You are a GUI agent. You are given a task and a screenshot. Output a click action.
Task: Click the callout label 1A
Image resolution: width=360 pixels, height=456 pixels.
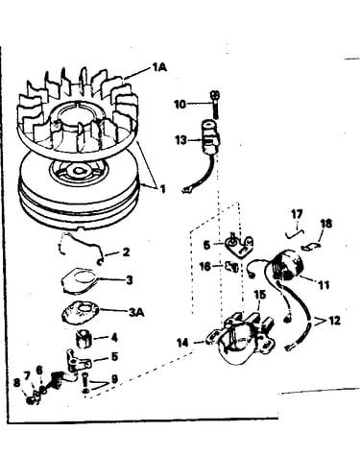(x=159, y=67)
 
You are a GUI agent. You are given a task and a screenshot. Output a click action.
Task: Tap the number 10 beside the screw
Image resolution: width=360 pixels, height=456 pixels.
(x=180, y=104)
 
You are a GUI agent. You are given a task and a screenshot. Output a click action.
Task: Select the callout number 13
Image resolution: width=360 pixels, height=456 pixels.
(x=181, y=140)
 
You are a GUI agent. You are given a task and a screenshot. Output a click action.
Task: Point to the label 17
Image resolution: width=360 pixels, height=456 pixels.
(x=298, y=213)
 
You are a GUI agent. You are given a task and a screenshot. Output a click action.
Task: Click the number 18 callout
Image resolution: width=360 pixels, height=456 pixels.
(x=326, y=224)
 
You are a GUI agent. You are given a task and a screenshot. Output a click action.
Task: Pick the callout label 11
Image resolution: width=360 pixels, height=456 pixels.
(x=324, y=284)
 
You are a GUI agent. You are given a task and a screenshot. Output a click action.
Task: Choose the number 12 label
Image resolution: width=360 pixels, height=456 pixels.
(x=334, y=321)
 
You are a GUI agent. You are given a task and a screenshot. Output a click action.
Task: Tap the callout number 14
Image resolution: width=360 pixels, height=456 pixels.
(x=183, y=343)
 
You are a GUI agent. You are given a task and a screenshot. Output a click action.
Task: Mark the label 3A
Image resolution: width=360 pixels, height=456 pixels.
(x=136, y=312)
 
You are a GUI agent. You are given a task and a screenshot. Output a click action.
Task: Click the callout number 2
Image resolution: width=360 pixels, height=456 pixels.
(x=126, y=252)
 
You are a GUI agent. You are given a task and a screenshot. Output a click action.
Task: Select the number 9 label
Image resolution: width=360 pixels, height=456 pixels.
(x=114, y=379)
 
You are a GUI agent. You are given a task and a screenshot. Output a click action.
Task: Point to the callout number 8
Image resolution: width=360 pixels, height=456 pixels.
(x=16, y=382)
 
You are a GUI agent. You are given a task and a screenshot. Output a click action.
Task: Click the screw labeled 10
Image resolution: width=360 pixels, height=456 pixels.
(x=215, y=105)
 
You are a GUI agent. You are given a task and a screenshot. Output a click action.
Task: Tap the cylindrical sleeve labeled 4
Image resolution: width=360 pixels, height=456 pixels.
(x=84, y=339)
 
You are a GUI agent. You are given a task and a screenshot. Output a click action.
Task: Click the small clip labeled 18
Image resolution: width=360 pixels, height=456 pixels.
(x=310, y=247)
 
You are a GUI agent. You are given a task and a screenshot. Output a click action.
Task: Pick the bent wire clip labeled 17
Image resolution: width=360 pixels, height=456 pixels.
(x=295, y=234)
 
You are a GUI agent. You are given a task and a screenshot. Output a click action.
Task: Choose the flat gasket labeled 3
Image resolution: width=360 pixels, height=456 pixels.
(x=79, y=280)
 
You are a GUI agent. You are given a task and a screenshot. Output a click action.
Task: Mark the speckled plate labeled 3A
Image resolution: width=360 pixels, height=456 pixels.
(x=80, y=312)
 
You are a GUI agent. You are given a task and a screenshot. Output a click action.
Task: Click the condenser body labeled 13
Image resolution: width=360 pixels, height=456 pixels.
(x=210, y=137)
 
